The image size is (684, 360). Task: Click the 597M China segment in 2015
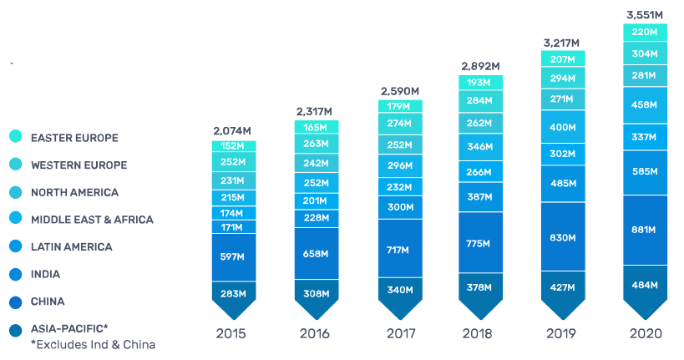click(x=234, y=257)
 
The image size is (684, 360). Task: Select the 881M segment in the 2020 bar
click(x=646, y=230)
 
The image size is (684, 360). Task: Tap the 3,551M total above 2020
click(x=645, y=15)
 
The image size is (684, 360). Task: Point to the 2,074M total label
click(x=232, y=131)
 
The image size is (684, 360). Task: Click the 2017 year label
click(x=401, y=334)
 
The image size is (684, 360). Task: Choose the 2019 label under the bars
click(x=561, y=334)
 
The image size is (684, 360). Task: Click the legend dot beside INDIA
click(x=15, y=275)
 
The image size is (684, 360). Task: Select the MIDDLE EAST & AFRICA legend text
click(x=92, y=220)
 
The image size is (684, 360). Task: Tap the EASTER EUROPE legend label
click(x=74, y=138)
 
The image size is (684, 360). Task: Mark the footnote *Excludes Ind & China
click(x=93, y=345)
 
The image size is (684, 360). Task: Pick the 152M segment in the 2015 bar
click(x=234, y=146)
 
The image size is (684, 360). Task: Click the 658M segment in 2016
click(x=317, y=254)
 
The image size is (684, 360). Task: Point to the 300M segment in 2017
click(x=400, y=207)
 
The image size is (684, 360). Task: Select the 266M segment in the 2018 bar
click(x=480, y=172)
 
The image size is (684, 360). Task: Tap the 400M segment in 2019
click(x=563, y=127)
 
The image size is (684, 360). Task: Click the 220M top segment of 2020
click(x=646, y=33)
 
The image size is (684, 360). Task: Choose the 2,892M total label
click(x=481, y=67)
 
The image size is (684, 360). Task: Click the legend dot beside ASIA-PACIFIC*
click(x=15, y=330)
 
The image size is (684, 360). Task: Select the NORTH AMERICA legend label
click(x=74, y=192)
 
